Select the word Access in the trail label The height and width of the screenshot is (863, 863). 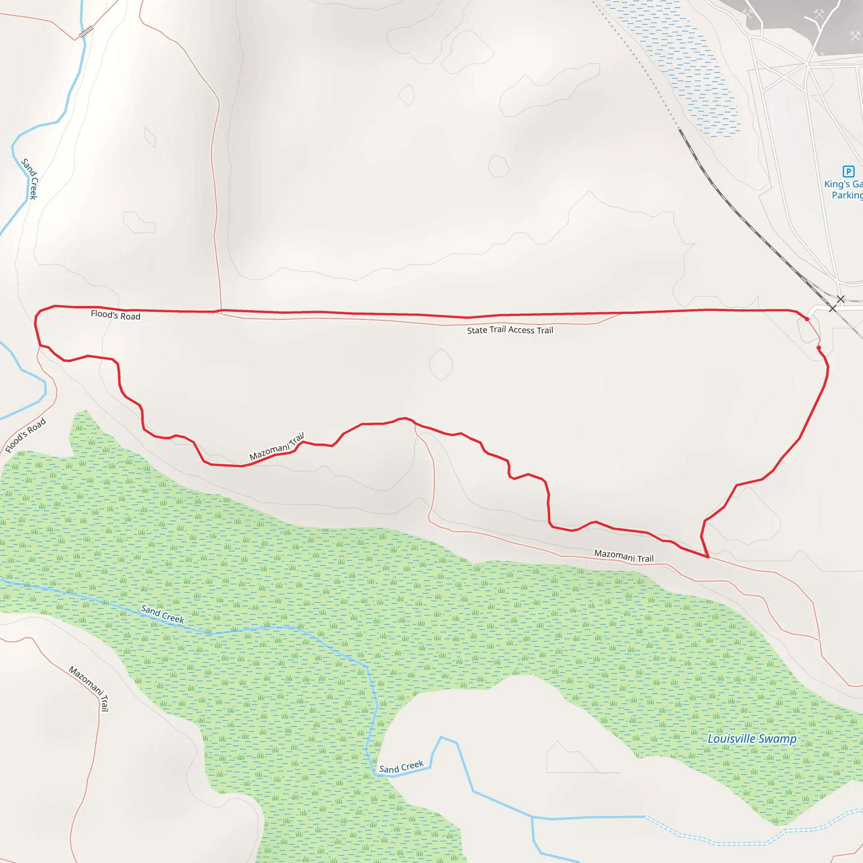(521, 330)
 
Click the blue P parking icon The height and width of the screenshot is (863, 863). (848, 172)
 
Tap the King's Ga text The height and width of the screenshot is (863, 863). (843, 184)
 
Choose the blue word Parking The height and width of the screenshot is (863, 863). (847, 195)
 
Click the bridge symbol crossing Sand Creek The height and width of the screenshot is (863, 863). (86, 31)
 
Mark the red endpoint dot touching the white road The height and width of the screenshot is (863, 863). (807, 319)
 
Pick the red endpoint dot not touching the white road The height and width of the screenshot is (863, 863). (819, 348)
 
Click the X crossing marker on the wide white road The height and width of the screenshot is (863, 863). (832, 308)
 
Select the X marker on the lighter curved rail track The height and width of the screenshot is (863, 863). (841, 299)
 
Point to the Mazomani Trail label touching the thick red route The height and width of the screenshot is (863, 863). (276, 446)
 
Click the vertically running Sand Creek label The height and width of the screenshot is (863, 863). (30, 179)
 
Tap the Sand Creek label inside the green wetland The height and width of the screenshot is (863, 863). (162, 614)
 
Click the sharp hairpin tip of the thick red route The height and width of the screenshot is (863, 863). (708, 557)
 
